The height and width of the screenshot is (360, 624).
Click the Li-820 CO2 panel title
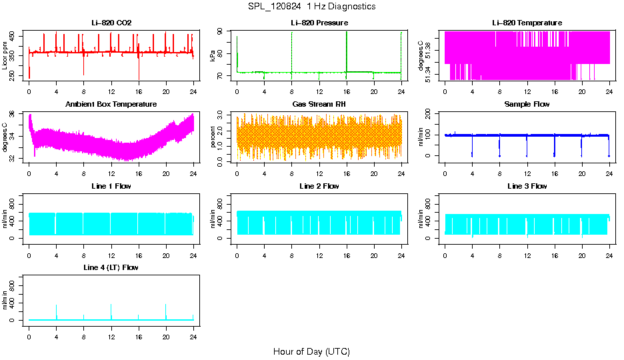pyautogui.click(x=111, y=23)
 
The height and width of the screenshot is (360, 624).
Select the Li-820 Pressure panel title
pyautogui.click(x=319, y=23)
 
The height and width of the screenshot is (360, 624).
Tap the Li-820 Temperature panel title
pyautogui.click(x=527, y=23)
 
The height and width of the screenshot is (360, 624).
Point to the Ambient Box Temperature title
pyautogui.click(x=111, y=105)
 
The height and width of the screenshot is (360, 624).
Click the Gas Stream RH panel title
pyautogui.click(x=319, y=105)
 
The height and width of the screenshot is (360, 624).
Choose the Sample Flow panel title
pyautogui.click(x=527, y=105)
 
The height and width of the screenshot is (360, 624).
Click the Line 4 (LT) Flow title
pyautogui.click(x=111, y=267)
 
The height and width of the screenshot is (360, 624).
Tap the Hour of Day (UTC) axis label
pyautogui.click(x=311, y=351)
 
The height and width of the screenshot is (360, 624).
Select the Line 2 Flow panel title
pyautogui.click(x=319, y=186)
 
